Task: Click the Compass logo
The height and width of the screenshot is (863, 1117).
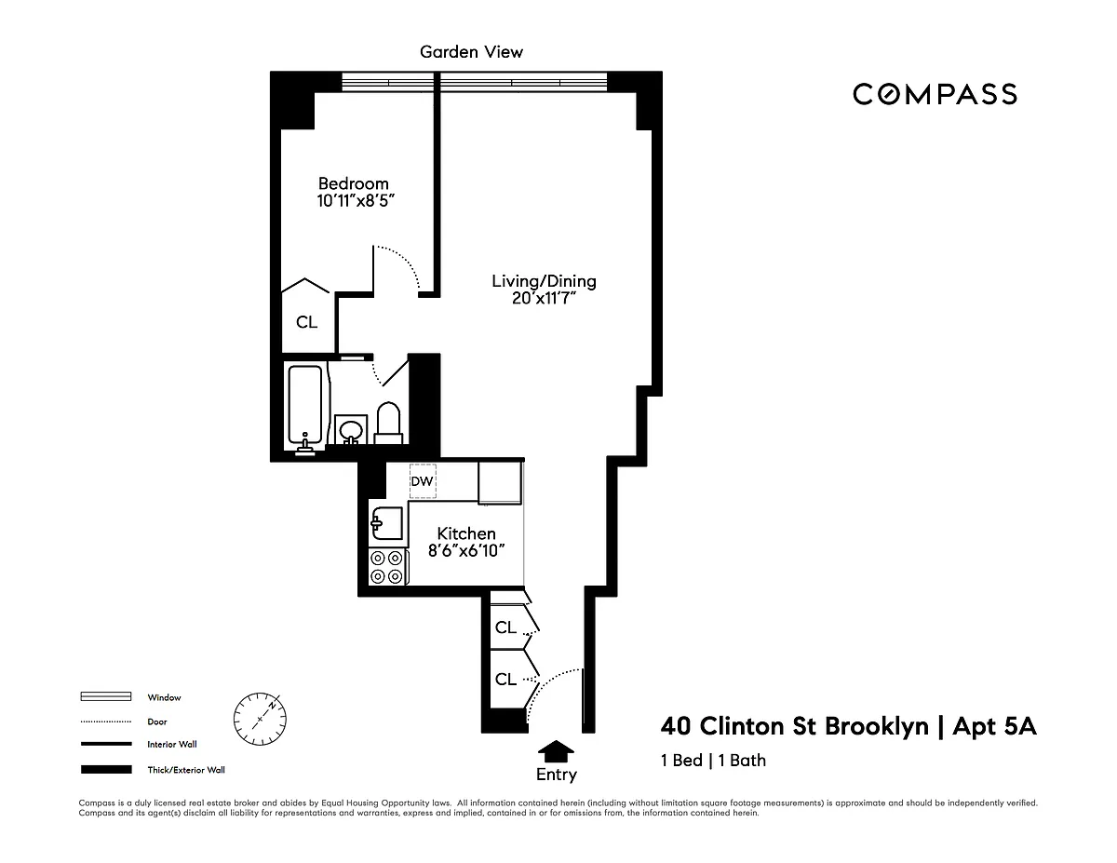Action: pos(935,95)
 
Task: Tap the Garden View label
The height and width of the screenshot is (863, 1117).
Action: pos(471,52)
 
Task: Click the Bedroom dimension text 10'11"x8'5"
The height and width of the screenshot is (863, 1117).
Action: pos(356,200)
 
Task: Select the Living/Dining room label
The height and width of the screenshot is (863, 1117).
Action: pos(544,281)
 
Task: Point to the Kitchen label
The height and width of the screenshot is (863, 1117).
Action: pos(466,533)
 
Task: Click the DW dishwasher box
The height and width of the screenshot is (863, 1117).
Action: pos(423,481)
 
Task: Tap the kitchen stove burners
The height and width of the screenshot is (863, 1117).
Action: pos(387,567)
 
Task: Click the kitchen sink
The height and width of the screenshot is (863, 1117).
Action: pos(386,523)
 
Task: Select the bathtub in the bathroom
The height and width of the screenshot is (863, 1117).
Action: pos(305,404)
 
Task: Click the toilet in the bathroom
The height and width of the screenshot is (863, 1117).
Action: pos(388,423)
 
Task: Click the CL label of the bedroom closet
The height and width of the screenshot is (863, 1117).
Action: pos(307,322)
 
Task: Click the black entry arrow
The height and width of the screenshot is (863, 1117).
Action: pos(556,751)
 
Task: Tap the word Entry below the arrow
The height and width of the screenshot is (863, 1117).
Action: pos(557,775)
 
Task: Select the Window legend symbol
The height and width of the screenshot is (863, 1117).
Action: pos(106,696)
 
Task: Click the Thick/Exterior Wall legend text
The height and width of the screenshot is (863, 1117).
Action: pos(186,770)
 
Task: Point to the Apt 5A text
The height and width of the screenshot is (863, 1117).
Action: pos(994,726)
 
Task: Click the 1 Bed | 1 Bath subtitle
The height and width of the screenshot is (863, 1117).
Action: pos(713,761)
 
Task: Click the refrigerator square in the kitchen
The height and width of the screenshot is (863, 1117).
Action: pos(500,482)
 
